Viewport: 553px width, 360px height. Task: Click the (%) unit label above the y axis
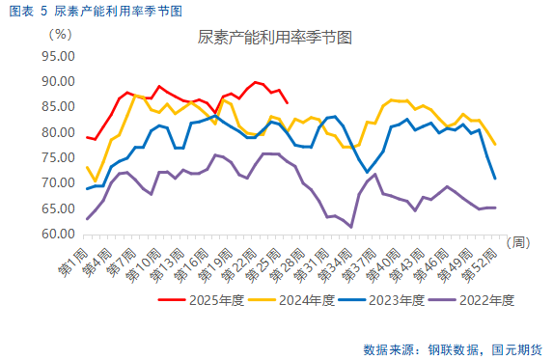59,33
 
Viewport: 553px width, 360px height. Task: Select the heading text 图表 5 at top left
28,11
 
